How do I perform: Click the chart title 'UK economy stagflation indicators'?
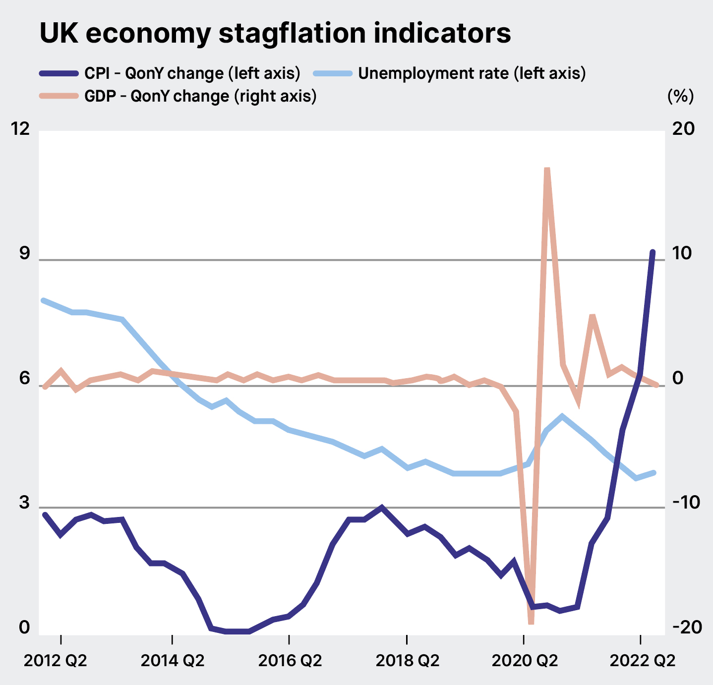(x=275, y=34)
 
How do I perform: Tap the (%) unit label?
(x=680, y=96)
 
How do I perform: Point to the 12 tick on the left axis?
(x=20, y=129)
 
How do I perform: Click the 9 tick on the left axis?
(x=24, y=254)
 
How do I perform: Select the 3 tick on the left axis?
(x=24, y=503)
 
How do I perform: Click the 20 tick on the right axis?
(x=683, y=129)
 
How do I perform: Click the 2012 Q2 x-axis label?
(x=56, y=661)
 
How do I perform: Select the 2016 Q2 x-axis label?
(x=290, y=661)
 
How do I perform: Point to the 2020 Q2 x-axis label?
(x=525, y=661)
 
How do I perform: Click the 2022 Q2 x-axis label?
(x=642, y=661)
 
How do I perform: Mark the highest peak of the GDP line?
(x=547, y=170)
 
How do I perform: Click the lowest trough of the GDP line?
(x=531, y=622)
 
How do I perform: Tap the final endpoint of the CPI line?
(x=653, y=252)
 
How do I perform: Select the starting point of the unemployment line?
(x=44, y=300)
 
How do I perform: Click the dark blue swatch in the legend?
(x=59, y=74)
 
